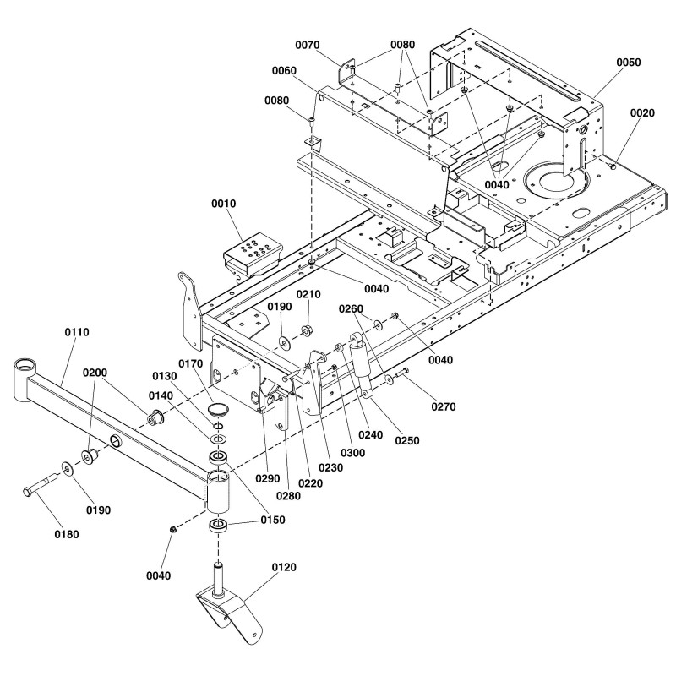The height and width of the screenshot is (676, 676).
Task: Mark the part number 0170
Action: pyautogui.click(x=194, y=364)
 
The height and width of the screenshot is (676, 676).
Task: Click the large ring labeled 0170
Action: pyautogui.click(x=220, y=409)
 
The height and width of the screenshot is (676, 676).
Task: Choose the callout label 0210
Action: pyautogui.click(x=308, y=294)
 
